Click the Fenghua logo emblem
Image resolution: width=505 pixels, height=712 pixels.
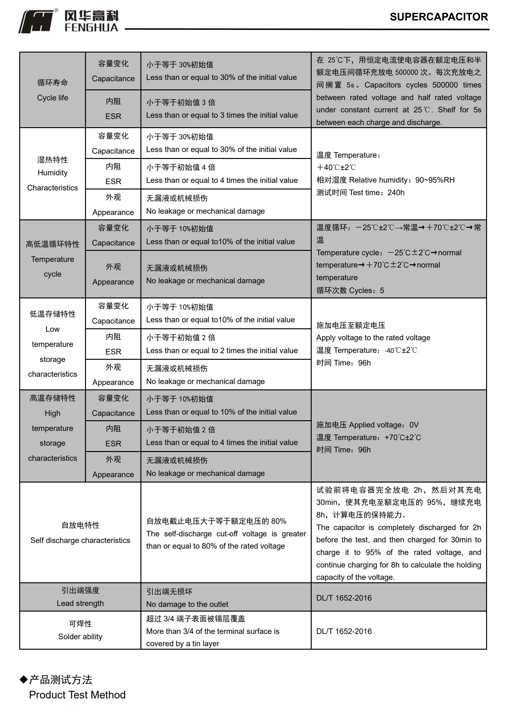point(36,21)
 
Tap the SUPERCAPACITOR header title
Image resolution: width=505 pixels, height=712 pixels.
point(439,17)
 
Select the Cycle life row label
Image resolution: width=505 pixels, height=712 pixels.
point(53,98)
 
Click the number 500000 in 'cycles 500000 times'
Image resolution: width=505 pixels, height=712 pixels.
point(445,85)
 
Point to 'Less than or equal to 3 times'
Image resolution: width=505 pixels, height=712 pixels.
point(222,115)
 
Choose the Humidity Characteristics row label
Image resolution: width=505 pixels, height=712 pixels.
point(53,180)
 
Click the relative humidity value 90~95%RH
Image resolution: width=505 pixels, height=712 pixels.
point(435,180)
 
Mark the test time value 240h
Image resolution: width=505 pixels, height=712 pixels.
point(396,193)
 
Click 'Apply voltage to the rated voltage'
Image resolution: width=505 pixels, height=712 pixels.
point(373,338)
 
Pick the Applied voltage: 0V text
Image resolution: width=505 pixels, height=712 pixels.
point(383,425)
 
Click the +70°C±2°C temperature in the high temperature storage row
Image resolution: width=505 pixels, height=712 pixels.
point(403,438)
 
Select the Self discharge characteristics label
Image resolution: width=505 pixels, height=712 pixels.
point(80,540)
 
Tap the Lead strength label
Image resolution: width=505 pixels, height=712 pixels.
point(80,603)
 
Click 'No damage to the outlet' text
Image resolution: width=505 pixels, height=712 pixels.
point(187,604)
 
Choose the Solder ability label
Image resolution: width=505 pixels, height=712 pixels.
point(80,636)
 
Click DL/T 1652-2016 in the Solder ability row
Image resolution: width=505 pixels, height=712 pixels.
point(344,631)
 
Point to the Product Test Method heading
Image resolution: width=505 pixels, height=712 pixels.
point(77,695)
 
